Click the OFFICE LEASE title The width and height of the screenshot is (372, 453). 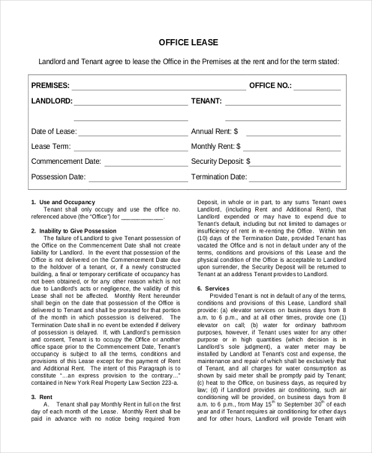pyautogui.click(x=188, y=42)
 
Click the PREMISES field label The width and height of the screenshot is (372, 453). pyautogui.click(x=50, y=86)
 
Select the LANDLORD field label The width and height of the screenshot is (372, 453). pyautogui.click(x=51, y=101)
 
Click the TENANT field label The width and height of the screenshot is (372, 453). pyautogui.click(x=206, y=101)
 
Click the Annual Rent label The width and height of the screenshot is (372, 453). pyautogui.click(x=215, y=132)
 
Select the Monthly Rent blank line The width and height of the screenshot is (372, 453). pyautogui.click(x=292, y=150)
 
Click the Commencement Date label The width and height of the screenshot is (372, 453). pyautogui.click(x=66, y=161)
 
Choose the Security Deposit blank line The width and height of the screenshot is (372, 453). pyautogui.click(x=297, y=164)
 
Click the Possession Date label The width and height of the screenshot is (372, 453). pyautogui.click(x=58, y=177)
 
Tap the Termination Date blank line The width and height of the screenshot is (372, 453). pyautogui.click(x=295, y=180)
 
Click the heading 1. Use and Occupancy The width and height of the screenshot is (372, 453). pyautogui.click(x=63, y=202)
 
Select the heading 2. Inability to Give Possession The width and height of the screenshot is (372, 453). pyautogui.click(x=74, y=231)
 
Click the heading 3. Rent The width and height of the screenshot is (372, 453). pyautogui.click(x=42, y=397)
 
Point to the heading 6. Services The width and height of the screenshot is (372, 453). pyautogui.click(x=213, y=289)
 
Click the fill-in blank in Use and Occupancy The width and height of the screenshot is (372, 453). pyautogui.click(x=142, y=218)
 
